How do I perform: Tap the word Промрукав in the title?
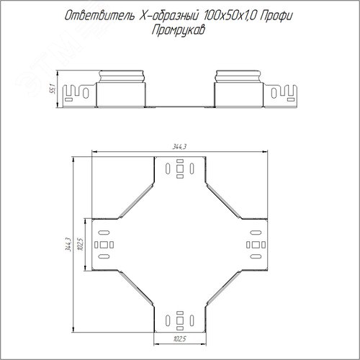pyautogui.click(x=179, y=31)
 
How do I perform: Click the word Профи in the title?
pyautogui.click(x=276, y=17)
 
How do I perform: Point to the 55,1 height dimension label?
pyautogui.click(x=53, y=89)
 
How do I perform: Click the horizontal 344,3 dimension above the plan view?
pyautogui.click(x=179, y=147)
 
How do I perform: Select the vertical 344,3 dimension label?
pyautogui.click(x=68, y=245)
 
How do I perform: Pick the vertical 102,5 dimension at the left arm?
pyautogui.click(x=81, y=245)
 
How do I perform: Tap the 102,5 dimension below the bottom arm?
pyautogui.click(x=179, y=339)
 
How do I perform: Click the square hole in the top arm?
pyautogui.click(x=180, y=168)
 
